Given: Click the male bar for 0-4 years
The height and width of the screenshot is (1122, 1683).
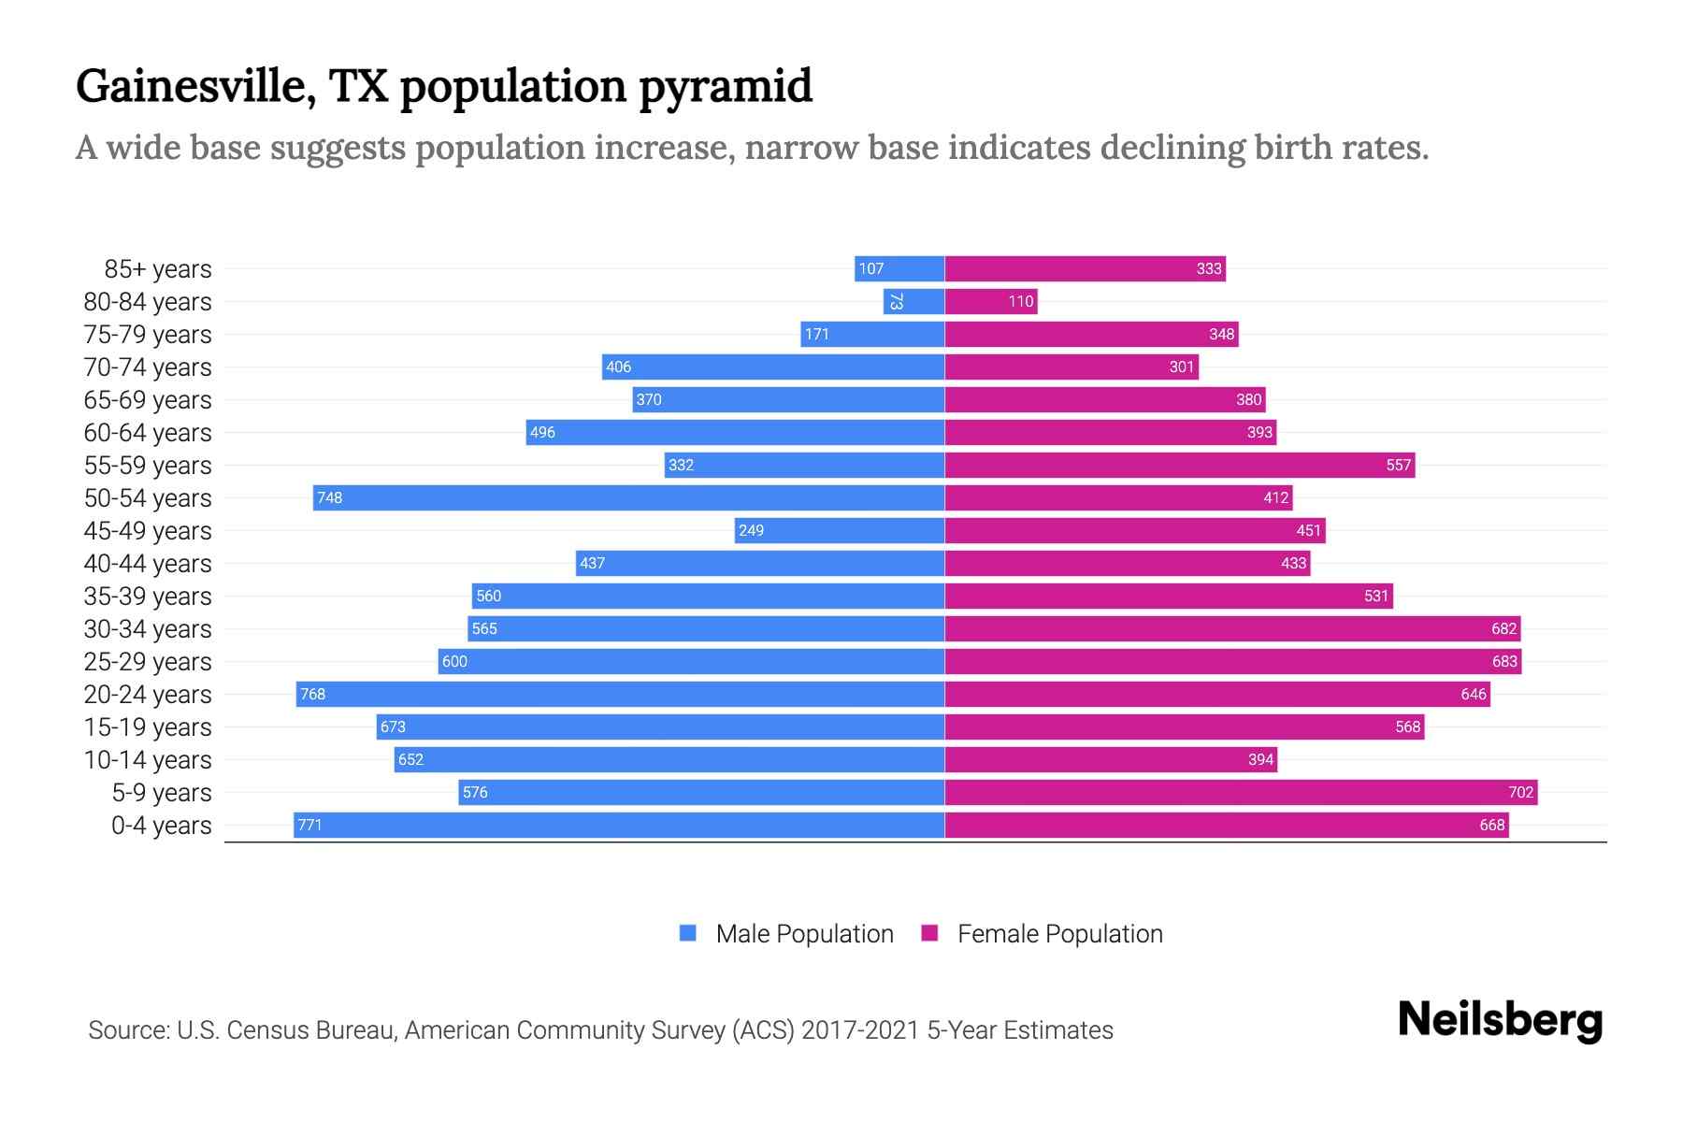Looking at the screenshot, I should pyautogui.click(x=619, y=825).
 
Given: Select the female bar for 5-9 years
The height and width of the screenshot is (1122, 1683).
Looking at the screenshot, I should pyautogui.click(x=1241, y=792).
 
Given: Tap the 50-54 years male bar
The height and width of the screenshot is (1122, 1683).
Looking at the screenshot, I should pyautogui.click(x=628, y=497).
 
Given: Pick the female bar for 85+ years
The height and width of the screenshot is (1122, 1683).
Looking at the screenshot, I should pyautogui.click(x=1085, y=268).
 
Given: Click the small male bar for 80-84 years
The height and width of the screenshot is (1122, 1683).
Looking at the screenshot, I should pyautogui.click(x=913, y=301).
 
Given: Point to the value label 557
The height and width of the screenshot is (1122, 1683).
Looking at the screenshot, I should pyautogui.click(x=1398, y=465).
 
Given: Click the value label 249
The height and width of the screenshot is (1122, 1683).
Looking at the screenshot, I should pyautogui.click(x=751, y=530).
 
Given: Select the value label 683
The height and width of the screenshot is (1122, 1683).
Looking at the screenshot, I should pyautogui.click(x=1503, y=661).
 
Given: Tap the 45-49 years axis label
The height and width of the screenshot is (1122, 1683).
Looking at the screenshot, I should pyautogui.click(x=148, y=530).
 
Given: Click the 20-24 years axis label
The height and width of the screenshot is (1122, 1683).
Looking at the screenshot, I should pyautogui.click(x=148, y=694).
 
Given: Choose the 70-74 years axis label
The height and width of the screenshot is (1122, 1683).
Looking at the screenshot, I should pyautogui.click(x=148, y=367).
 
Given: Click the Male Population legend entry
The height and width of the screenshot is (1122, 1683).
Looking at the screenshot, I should pyautogui.click(x=803, y=933).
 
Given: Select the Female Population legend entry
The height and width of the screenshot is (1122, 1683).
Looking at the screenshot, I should pyautogui.click(x=1059, y=933).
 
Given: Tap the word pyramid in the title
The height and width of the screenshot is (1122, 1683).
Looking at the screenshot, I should pyautogui.click(x=726, y=86).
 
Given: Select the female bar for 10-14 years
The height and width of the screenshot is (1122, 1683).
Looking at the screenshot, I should pyautogui.click(x=1111, y=759).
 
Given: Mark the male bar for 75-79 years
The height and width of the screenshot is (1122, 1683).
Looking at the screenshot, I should pyautogui.click(x=872, y=334).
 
